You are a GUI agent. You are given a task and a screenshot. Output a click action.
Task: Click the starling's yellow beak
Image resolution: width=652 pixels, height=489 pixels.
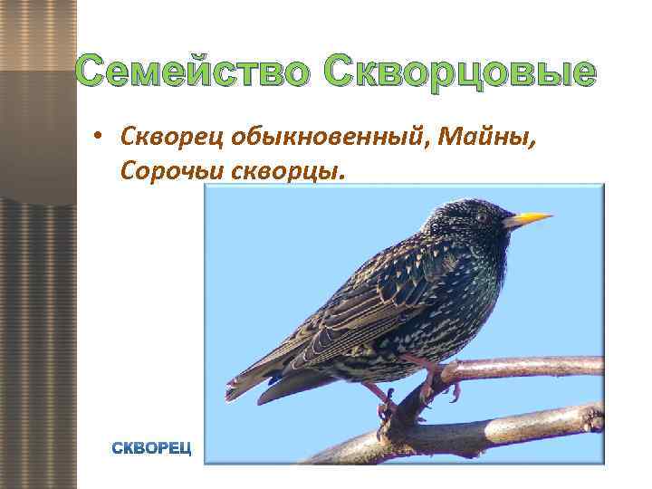(x=529, y=218)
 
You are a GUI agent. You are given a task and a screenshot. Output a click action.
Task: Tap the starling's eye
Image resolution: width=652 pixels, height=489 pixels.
(x=482, y=216)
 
